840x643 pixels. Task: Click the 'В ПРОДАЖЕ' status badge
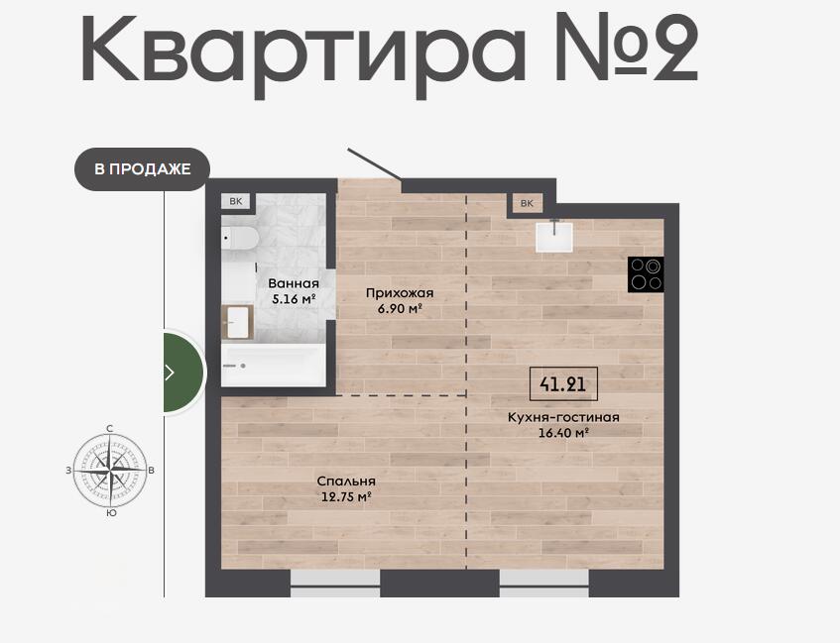pyautogui.click(x=142, y=169)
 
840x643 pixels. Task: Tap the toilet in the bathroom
pyautogui.click(x=240, y=238)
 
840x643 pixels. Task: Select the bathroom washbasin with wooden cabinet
pyautogui.click(x=237, y=322)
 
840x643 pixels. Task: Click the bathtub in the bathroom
pyautogui.click(x=273, y=366)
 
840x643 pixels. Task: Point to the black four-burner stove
pyautogui.click(x=646, y=274)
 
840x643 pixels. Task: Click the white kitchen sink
pyautogui.click(x=554, y=237)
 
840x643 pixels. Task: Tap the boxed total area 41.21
pyautogui.click(x=563, y=383)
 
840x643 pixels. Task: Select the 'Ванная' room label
pyautogui.click(x=294, y=283)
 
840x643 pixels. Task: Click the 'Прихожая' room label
pyautogui.click(x=400, y=293)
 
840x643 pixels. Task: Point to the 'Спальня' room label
pyautogui.click(x=346, y=481)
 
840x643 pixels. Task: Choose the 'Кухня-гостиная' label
pyautogui.click(x=563, y=417)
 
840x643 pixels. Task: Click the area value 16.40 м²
pyautogui.click(x=563, y=433)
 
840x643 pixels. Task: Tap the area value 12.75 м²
pyautogui.click(x=346, y=496)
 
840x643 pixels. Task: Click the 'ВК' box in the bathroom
pyautogui.click(x=236, y=201)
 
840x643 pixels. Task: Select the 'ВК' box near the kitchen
pyautogui.click(x=527, y=203)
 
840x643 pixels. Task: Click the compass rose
pyautogui.click(x=110, y=470)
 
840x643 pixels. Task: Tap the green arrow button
pyautogui.click(x=183, y=373)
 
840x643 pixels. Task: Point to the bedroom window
pyautogui.click(x=335, y=584)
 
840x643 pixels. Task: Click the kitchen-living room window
pyautogui.click(x=544, y=584)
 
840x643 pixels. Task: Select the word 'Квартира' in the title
pyautogui.click(x=303, y=53)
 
